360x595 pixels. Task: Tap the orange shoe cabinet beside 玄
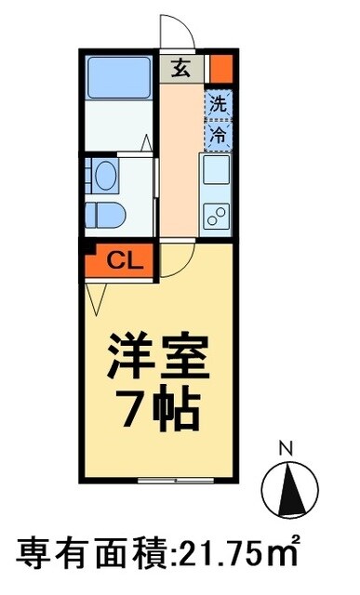point(220,68)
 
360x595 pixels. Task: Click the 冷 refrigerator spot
point(218,135)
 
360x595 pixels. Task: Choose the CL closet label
point(121,260)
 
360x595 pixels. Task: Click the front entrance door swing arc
point(175,32)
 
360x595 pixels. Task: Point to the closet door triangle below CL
point(97,296)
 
